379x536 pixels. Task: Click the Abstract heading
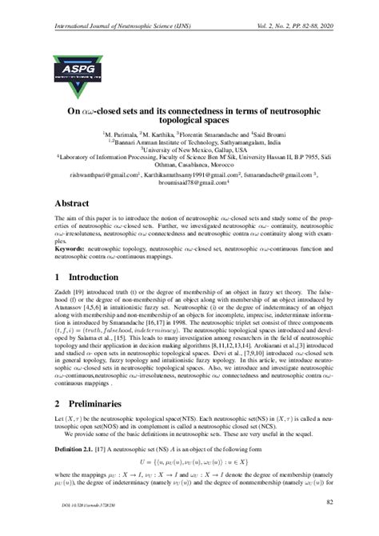(x=74, y=203)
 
